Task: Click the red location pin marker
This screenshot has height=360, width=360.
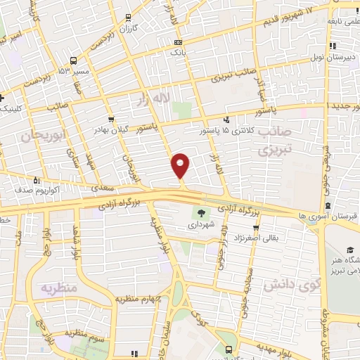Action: coord(181,165)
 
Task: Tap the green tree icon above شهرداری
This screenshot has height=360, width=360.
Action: coord(202,214)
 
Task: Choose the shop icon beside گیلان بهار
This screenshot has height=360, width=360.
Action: coord(111,120)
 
